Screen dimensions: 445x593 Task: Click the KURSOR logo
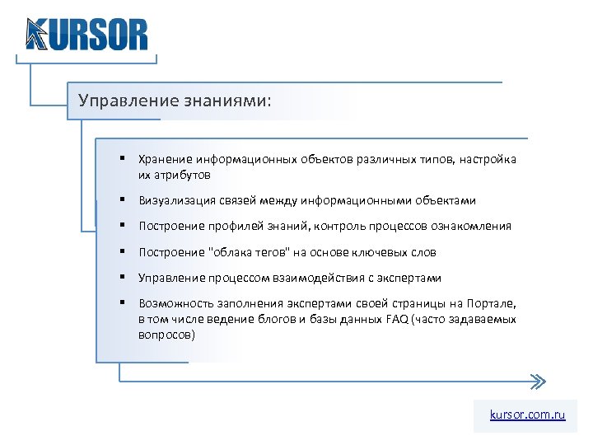86,35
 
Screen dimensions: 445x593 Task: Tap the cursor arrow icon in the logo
35,35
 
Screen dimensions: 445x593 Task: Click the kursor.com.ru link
527,415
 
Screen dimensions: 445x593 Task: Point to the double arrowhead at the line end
536,382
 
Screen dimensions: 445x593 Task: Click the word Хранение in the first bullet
165,160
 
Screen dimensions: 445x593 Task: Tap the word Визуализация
175,200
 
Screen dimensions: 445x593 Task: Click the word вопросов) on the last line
167,335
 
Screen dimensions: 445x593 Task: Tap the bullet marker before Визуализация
121,200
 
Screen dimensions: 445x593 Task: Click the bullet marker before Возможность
121,303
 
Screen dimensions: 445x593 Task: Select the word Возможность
173,303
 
